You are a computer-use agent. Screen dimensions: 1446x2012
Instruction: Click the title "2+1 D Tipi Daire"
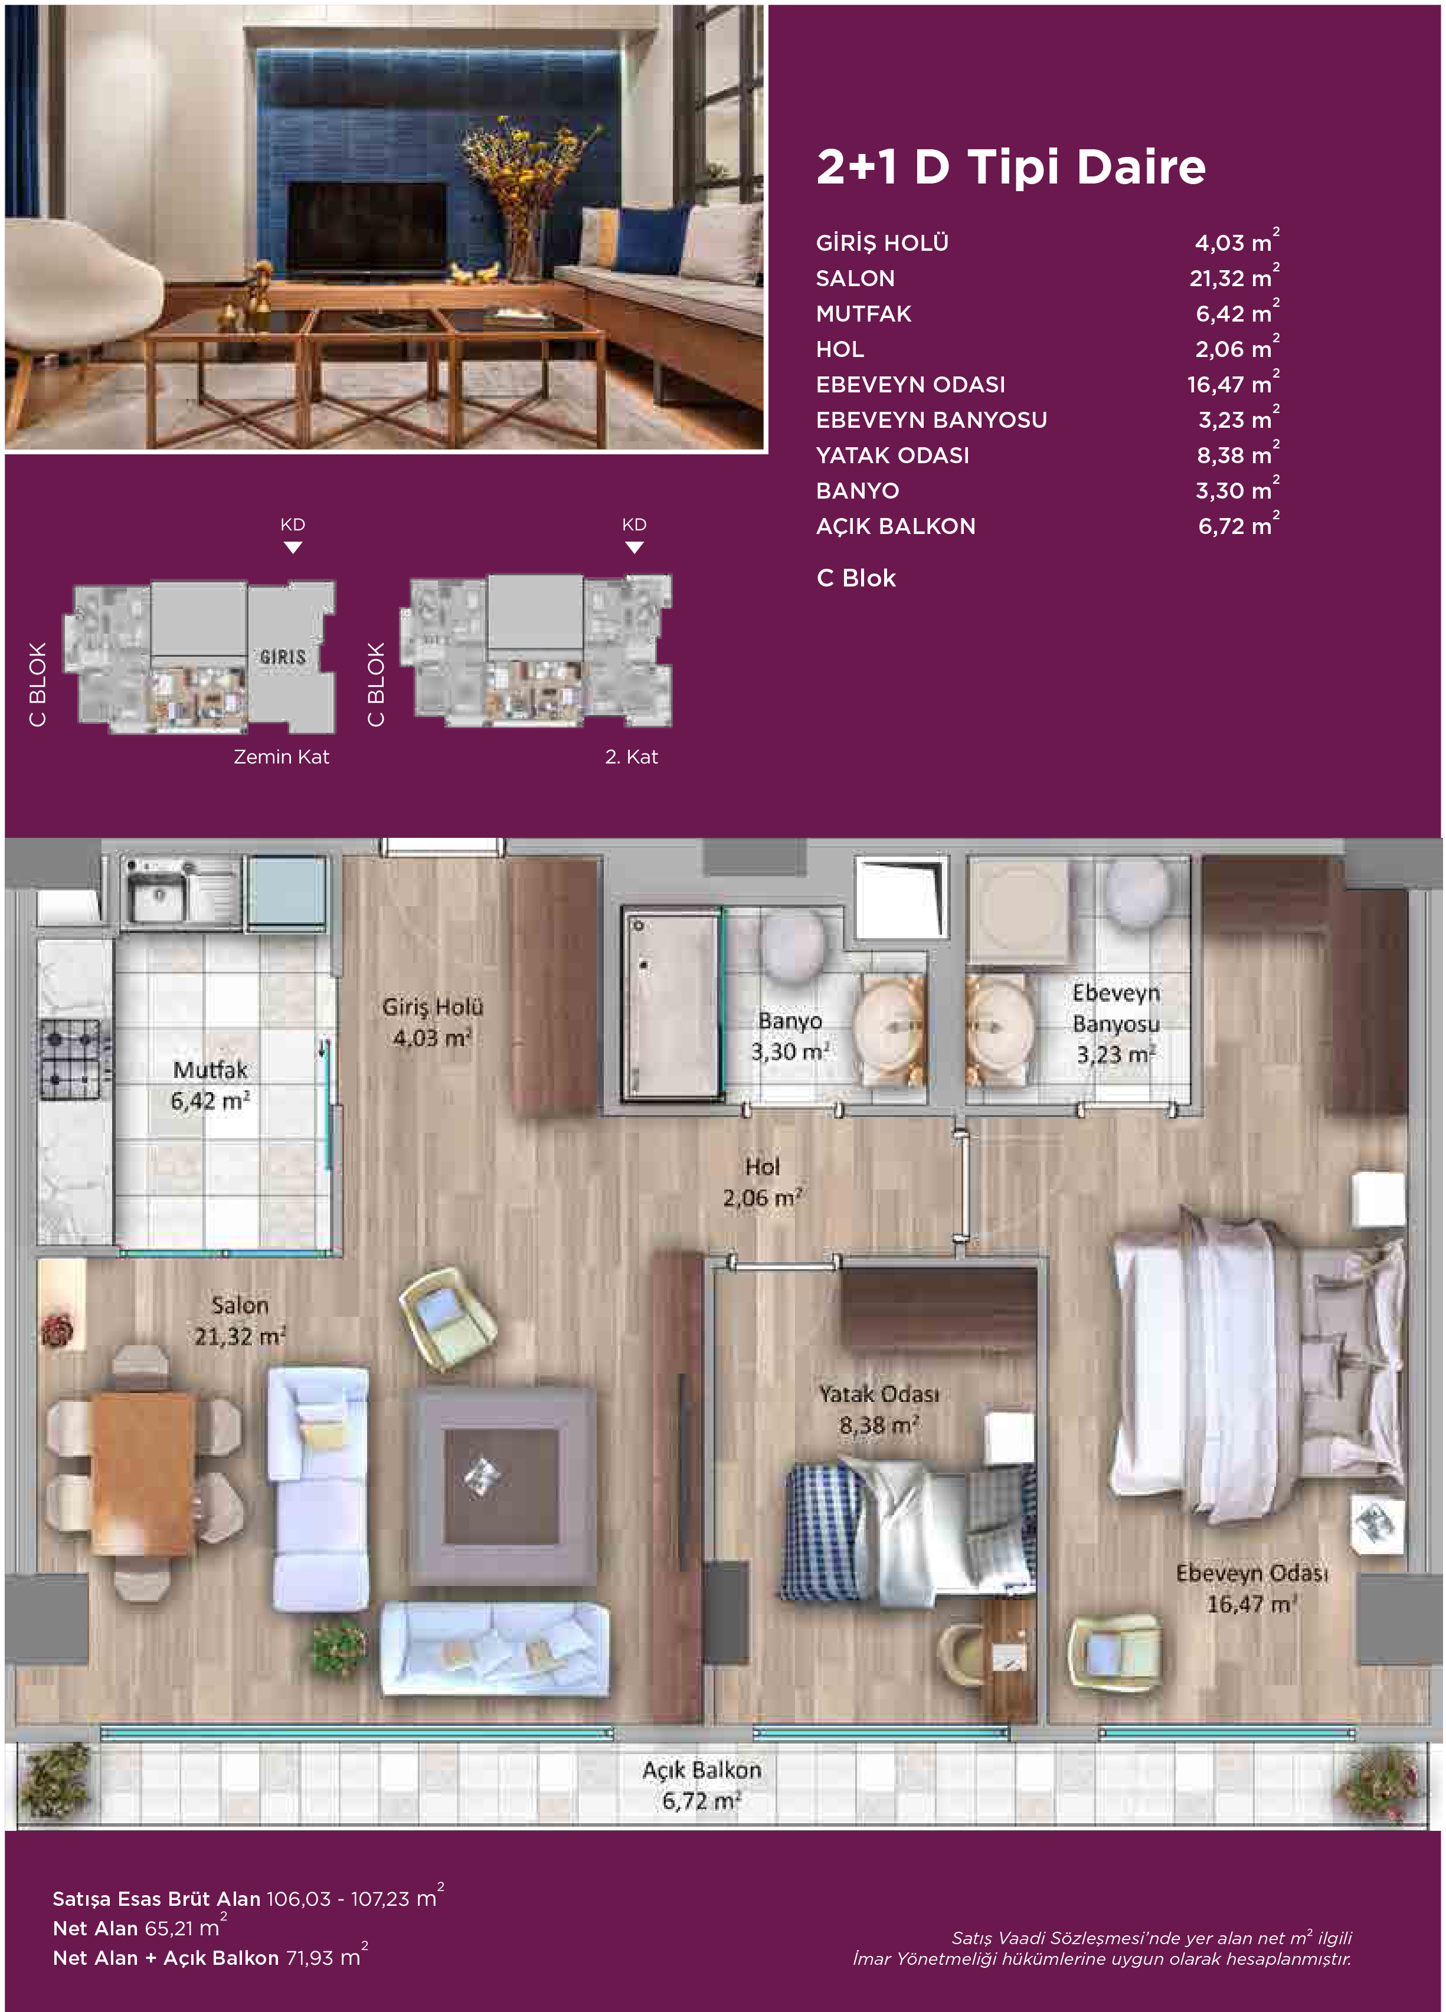coord(1010,167)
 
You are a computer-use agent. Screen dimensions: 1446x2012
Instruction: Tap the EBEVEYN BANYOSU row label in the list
coord(931,420)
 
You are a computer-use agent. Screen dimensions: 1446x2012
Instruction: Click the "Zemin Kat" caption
coord(281,757)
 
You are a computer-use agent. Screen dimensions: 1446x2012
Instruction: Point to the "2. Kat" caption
coord(632,757)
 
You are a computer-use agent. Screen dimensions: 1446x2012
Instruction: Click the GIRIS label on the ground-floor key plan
coord(283,657)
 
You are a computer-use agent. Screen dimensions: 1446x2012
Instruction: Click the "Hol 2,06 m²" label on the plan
coord(763,1182)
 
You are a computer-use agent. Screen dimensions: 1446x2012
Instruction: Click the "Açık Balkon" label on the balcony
coord(702,1770)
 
